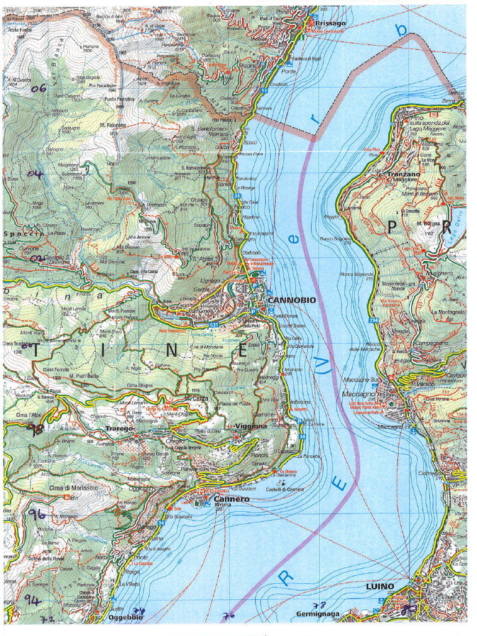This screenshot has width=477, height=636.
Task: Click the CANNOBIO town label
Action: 291,300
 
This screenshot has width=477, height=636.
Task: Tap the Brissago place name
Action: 329,22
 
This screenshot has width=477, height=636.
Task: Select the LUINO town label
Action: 379,586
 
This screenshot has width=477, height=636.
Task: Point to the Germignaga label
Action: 317,614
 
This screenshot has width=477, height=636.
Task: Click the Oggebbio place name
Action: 125,617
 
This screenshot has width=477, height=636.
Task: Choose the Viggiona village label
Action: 251,426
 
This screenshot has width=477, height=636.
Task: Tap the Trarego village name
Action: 119,429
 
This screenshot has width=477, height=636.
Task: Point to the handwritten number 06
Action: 38,88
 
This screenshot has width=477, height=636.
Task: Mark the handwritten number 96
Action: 37,514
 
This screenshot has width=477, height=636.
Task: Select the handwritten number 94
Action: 32,599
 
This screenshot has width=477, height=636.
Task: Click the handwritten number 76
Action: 228,616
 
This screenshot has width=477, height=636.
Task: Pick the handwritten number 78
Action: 319,605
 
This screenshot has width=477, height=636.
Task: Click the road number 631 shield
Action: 214,324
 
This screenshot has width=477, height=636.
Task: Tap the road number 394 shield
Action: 373,320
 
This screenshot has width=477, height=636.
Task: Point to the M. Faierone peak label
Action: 112,125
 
